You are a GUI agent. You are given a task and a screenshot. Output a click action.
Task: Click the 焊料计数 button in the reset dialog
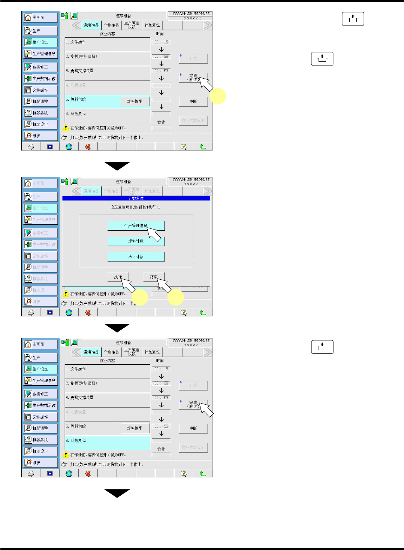pos(136,241)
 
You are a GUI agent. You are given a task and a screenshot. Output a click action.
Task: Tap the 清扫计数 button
pos(136,257)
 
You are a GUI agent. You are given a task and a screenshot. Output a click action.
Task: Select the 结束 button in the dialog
pos(154,277)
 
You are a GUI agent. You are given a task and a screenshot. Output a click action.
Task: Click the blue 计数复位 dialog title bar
pos(136,198)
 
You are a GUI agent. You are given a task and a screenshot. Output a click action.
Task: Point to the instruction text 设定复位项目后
pos(135,207)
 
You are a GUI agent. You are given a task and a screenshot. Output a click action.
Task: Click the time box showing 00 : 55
pos(161,426)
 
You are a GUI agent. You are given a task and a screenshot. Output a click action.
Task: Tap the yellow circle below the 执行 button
pos(140,298)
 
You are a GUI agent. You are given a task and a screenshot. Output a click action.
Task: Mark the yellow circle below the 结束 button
pos(175,298)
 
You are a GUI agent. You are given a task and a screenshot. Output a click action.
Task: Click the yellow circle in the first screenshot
pos(218,96)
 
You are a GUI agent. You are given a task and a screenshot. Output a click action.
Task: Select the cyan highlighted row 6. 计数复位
pos(107,441)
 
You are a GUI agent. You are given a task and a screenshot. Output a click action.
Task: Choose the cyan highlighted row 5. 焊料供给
pos(92,100)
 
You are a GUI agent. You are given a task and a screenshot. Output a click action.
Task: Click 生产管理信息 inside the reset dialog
pos(136,225)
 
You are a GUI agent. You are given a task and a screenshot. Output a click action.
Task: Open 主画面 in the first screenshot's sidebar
pos(40,18)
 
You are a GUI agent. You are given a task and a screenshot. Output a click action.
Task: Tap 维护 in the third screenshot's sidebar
pos(40,463)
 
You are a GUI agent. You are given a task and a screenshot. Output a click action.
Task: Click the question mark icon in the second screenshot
pos(184,313)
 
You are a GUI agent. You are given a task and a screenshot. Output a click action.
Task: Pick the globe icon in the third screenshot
pos(69,474)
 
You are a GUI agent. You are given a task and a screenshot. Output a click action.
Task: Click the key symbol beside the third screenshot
pos(322,347)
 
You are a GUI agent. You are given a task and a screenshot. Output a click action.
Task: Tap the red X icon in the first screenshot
pos(88,147)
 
